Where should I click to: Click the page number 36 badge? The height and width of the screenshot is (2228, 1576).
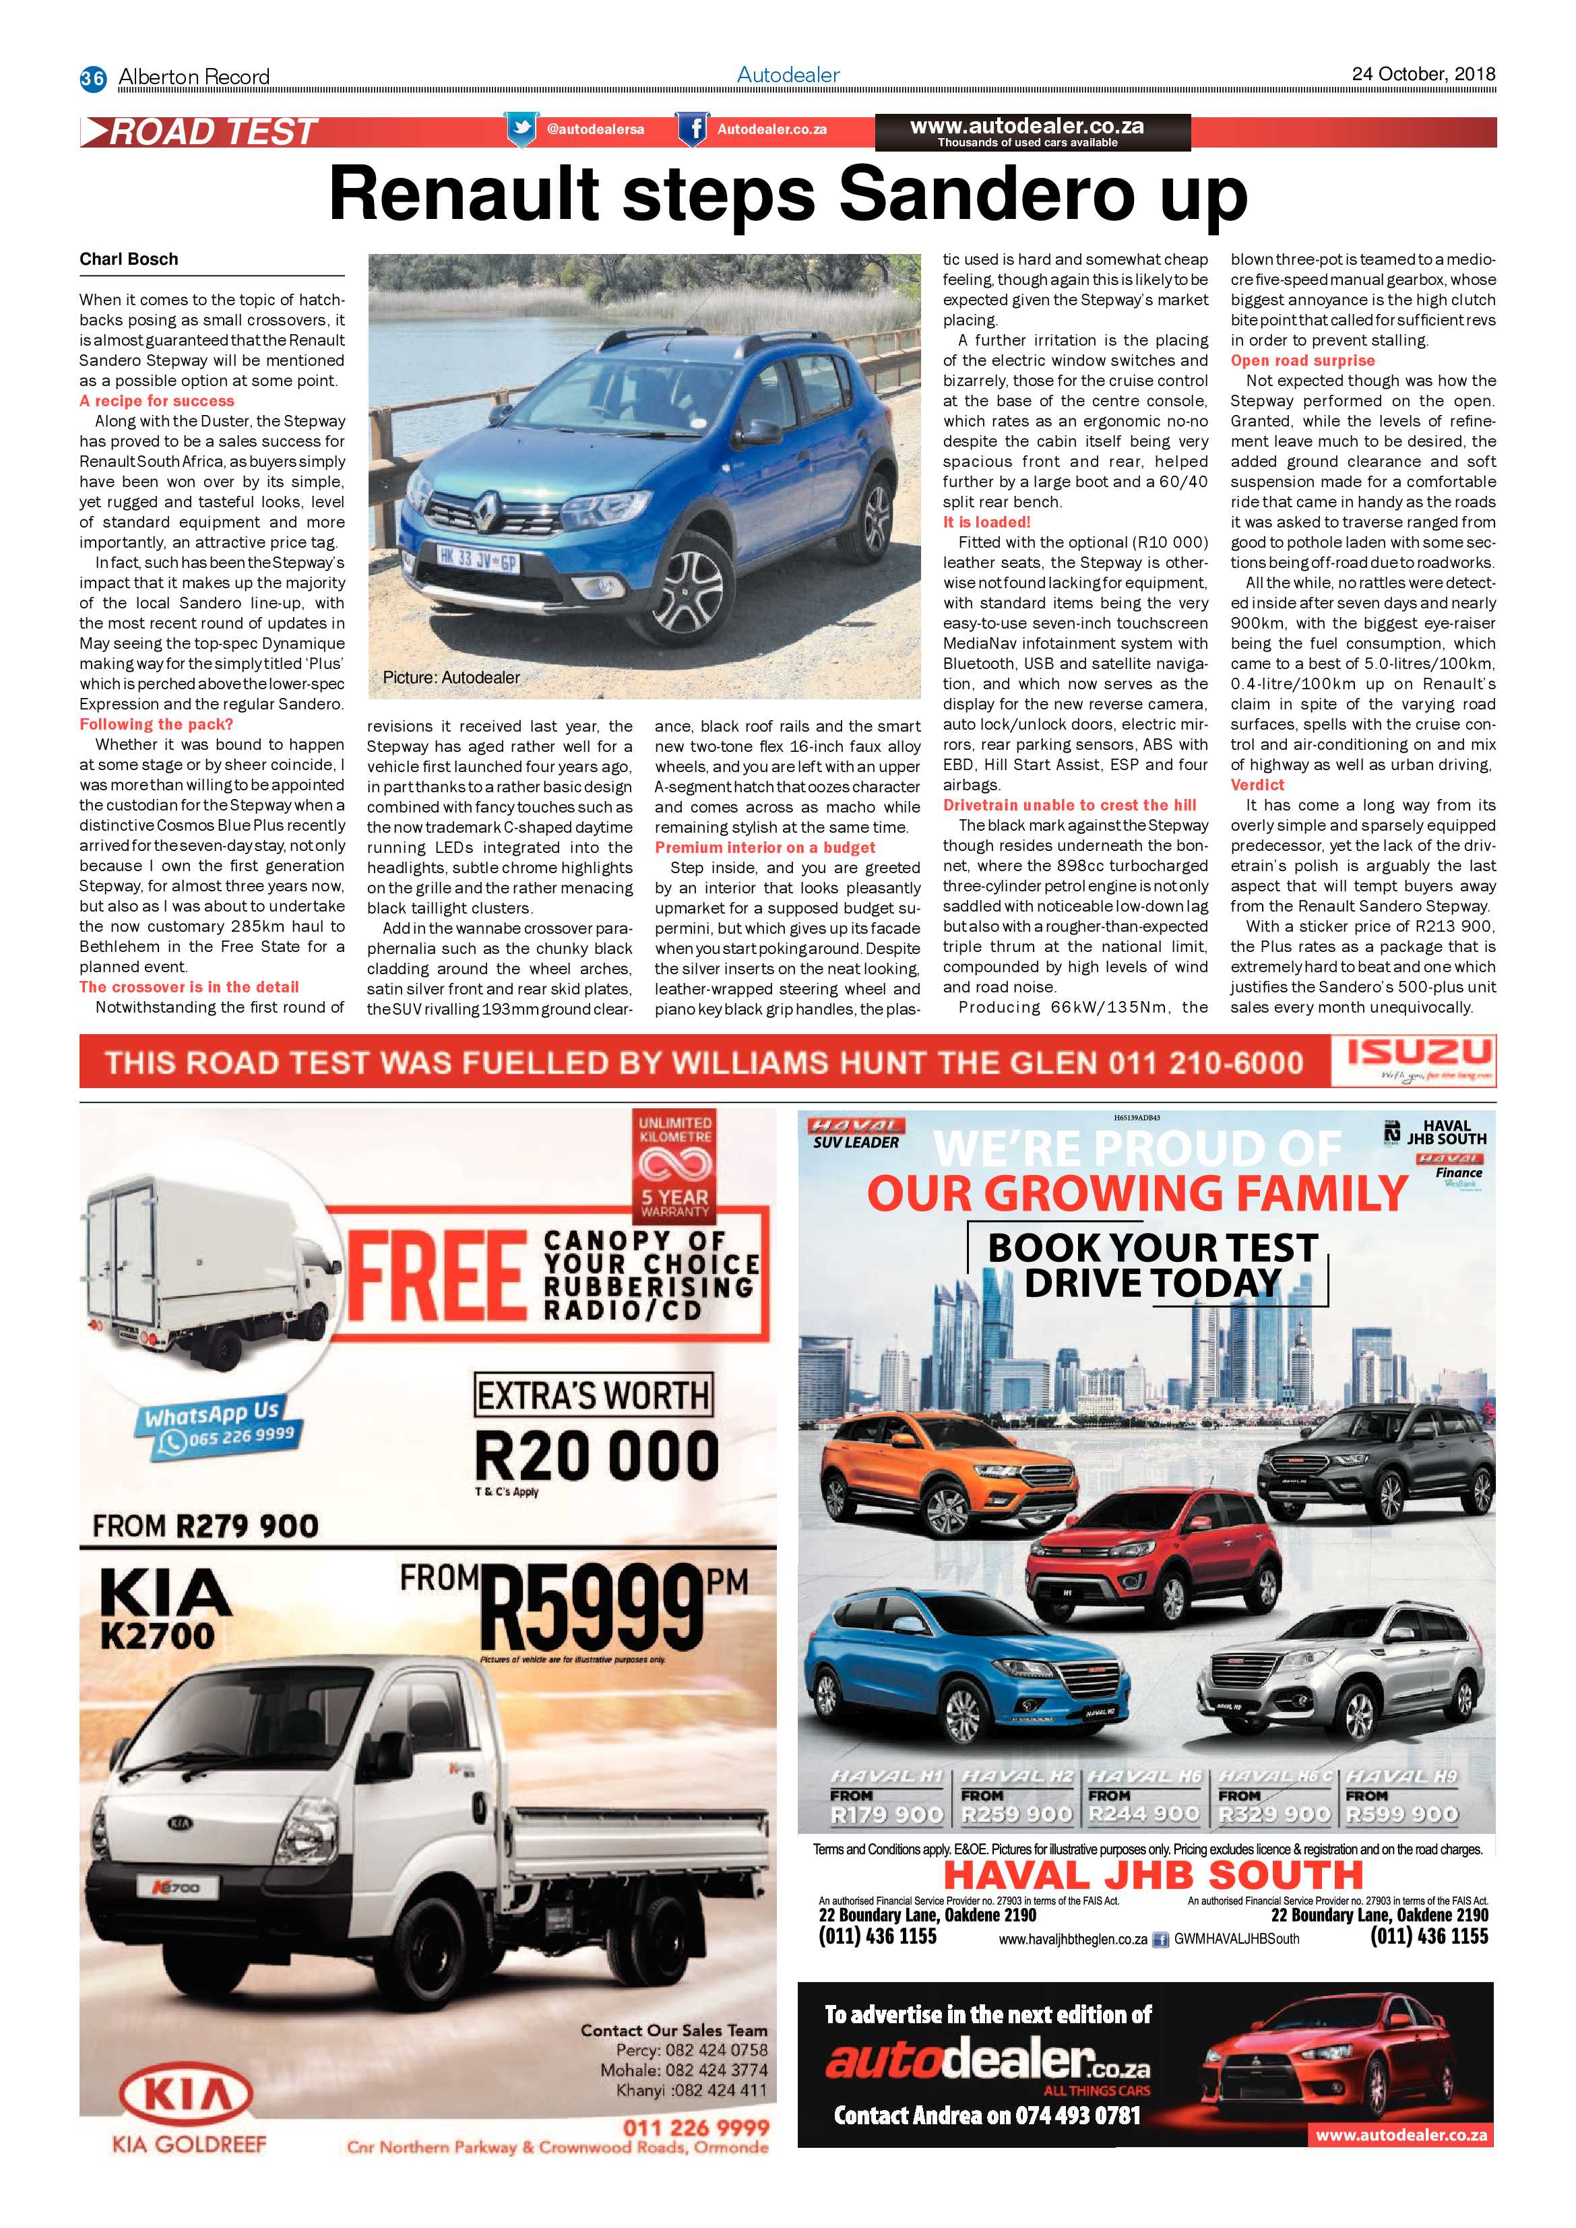[92, 77]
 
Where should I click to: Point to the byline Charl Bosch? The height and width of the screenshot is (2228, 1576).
[129, 259]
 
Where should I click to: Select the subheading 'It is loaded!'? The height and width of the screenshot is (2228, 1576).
[986, 522]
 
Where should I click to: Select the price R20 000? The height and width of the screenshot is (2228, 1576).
[596, 1455]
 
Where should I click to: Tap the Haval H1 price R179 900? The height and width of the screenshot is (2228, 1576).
[886, 1814]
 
